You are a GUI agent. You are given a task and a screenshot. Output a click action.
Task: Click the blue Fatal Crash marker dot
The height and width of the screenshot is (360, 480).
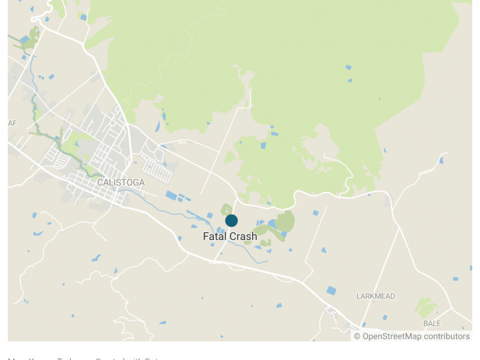[231, 220]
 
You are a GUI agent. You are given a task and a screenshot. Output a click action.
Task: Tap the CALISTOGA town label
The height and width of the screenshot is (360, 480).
[121, 182]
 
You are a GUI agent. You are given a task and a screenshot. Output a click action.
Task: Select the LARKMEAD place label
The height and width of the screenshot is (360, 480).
[376, 296]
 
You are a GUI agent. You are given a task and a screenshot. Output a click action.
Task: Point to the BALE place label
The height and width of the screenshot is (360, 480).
[432, 323]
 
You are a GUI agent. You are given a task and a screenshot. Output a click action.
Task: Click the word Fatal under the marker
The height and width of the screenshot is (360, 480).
[214, 236]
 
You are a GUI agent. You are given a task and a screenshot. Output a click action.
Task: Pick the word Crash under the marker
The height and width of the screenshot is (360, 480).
[243, 236]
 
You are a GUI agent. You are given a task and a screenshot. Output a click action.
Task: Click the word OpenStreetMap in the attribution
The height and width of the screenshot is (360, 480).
[392, 337]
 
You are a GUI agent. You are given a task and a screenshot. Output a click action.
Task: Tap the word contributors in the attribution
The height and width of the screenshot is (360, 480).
[447, 337]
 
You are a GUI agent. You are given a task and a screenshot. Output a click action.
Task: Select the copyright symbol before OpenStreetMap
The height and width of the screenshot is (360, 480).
[357, 337]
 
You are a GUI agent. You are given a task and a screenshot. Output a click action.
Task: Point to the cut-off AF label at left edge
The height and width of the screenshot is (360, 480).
[12, 123]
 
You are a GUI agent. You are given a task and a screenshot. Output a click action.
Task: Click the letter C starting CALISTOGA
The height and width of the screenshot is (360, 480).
[100, 182]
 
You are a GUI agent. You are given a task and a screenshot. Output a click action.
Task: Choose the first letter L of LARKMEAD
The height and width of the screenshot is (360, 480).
[358, 296]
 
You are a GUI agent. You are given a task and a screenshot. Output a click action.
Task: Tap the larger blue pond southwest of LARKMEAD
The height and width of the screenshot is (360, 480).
[331, 290]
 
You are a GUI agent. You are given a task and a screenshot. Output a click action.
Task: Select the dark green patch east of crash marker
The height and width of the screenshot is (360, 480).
[286, 221]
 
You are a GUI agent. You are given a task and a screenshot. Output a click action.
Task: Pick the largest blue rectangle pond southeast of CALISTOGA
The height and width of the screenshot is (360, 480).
[172, 195]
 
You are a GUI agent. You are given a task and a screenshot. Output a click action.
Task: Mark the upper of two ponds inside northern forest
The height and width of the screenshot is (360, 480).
[349, 67]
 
